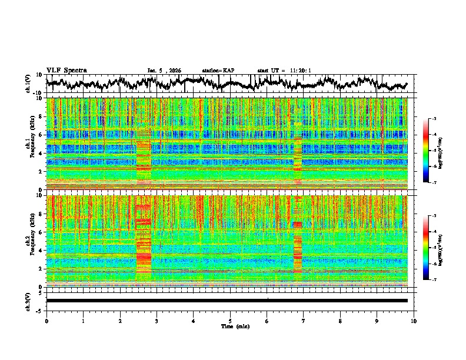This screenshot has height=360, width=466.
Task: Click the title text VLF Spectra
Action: point(66,70)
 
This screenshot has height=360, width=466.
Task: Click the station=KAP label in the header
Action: point(218,71)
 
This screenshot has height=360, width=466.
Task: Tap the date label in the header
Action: point(165,71)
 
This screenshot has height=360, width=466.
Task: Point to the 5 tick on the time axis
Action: point(230,321)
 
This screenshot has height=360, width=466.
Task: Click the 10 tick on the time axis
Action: point(414,321)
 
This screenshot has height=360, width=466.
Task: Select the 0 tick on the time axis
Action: point(46,321)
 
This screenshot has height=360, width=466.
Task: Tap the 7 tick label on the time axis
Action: point(304,321)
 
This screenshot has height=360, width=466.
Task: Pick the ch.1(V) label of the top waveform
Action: point(29,84)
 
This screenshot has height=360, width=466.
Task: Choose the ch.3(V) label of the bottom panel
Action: point(29,301)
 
